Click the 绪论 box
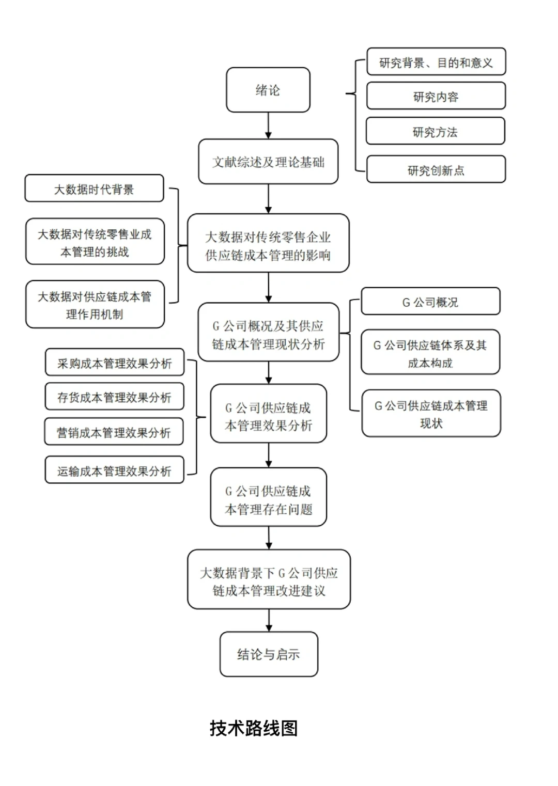[268, 90]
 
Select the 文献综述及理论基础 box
[268, 162]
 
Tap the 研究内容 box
[436, 97]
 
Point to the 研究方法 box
[435, 132]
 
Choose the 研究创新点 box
[436, 170]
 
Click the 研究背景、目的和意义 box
[436, 62]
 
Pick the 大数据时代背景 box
[94, 189]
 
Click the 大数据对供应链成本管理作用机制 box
[95, 305]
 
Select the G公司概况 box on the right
[430, 302]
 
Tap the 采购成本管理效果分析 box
[114, 363]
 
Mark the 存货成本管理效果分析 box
[114, 397]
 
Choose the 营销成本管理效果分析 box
[114, 432]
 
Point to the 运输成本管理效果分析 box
[114, 470]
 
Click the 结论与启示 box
[268, 654]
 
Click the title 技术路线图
[254, 728]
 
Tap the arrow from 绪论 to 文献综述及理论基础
[268, 125]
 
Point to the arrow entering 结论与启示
[269, 620]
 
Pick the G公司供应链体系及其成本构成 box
[430, 353]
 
